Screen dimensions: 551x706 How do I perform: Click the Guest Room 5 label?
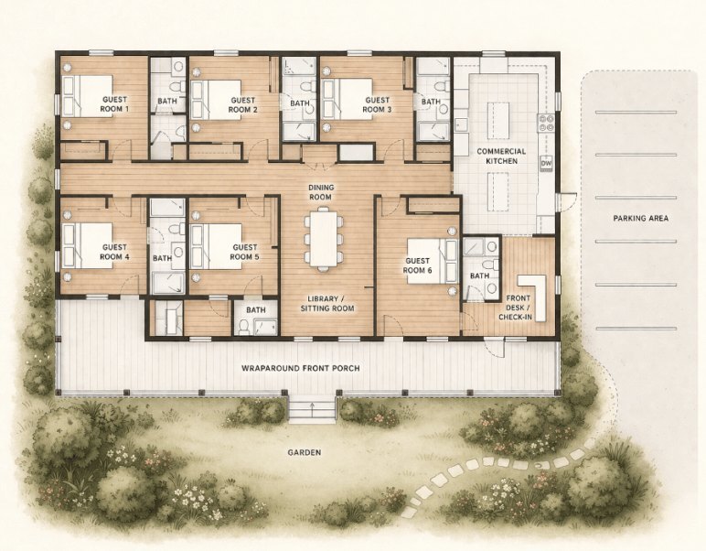[245, 252]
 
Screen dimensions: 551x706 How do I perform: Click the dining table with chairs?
[323, 239]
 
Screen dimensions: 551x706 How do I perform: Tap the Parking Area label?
[640, 218]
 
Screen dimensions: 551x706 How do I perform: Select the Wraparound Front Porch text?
[300, 368]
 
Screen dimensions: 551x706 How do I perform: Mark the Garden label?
[306, 452]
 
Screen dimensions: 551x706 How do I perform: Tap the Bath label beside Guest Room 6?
[479, 275]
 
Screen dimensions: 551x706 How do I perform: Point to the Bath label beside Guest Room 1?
[166, 101]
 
